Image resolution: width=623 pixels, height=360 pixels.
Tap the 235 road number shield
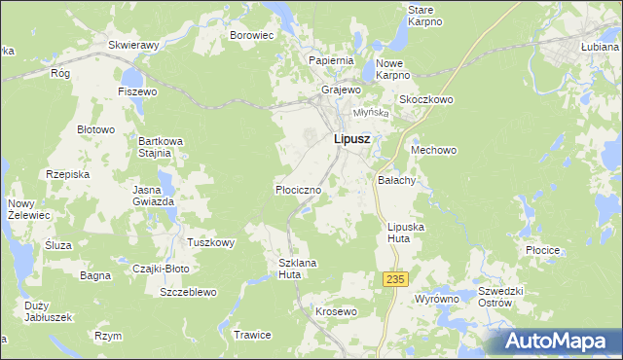(x=393, y=279)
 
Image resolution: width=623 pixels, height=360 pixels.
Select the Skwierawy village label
(x=134, y=45)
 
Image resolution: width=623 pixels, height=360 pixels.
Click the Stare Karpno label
(x=424, y=15)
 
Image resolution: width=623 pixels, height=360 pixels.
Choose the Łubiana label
(x=599, y=46)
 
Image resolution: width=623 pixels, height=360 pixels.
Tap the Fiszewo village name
(x=137, y=91)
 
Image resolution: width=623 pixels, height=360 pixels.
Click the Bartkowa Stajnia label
(x=155, y=146)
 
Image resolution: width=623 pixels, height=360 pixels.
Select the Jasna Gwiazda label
(x=154, y=195)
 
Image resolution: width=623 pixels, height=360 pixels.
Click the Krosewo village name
(x=337, y=311)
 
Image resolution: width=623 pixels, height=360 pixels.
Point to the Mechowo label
(x=434, y=150)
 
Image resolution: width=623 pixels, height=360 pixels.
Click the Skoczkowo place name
(x=426, y=100)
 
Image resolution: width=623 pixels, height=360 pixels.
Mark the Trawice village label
(x=252, y=335)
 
